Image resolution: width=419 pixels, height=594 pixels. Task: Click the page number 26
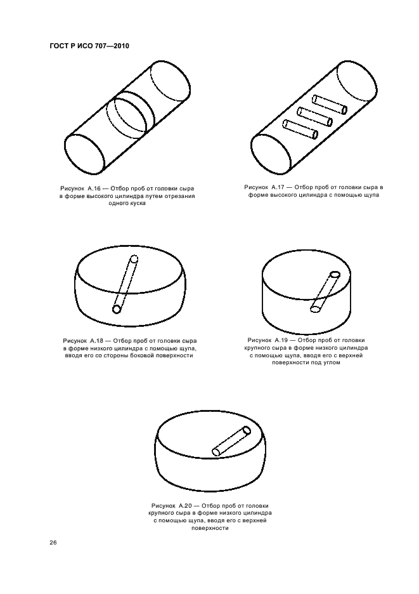(x=53, y=543)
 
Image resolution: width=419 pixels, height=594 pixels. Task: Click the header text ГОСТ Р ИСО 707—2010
(x=89, y=46)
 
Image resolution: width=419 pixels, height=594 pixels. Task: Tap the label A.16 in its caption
(x=94, y=188)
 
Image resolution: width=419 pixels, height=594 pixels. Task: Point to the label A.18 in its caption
(x=97, y=341)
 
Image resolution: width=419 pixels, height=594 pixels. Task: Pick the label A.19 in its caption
(x=282, y=340)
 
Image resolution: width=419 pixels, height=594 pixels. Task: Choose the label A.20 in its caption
(x=186, y=506)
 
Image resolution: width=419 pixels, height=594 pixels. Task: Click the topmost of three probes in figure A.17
(x=329, y=104)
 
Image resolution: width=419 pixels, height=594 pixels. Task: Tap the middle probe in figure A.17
(x=314, y=116)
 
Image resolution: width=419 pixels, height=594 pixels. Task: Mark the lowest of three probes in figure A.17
(x=300, y=129)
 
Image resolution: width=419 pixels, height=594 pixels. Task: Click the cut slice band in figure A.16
(x=131, y=116)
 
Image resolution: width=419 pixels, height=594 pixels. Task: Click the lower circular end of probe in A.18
(x=117, y=310)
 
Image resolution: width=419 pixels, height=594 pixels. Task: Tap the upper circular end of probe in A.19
(x=335, y=275)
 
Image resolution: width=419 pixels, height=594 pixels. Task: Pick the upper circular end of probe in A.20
(x=247, y=431)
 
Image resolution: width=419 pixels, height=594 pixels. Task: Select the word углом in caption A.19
(x=331, y=362)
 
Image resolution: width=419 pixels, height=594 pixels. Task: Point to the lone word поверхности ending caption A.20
(x=210, y=528)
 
